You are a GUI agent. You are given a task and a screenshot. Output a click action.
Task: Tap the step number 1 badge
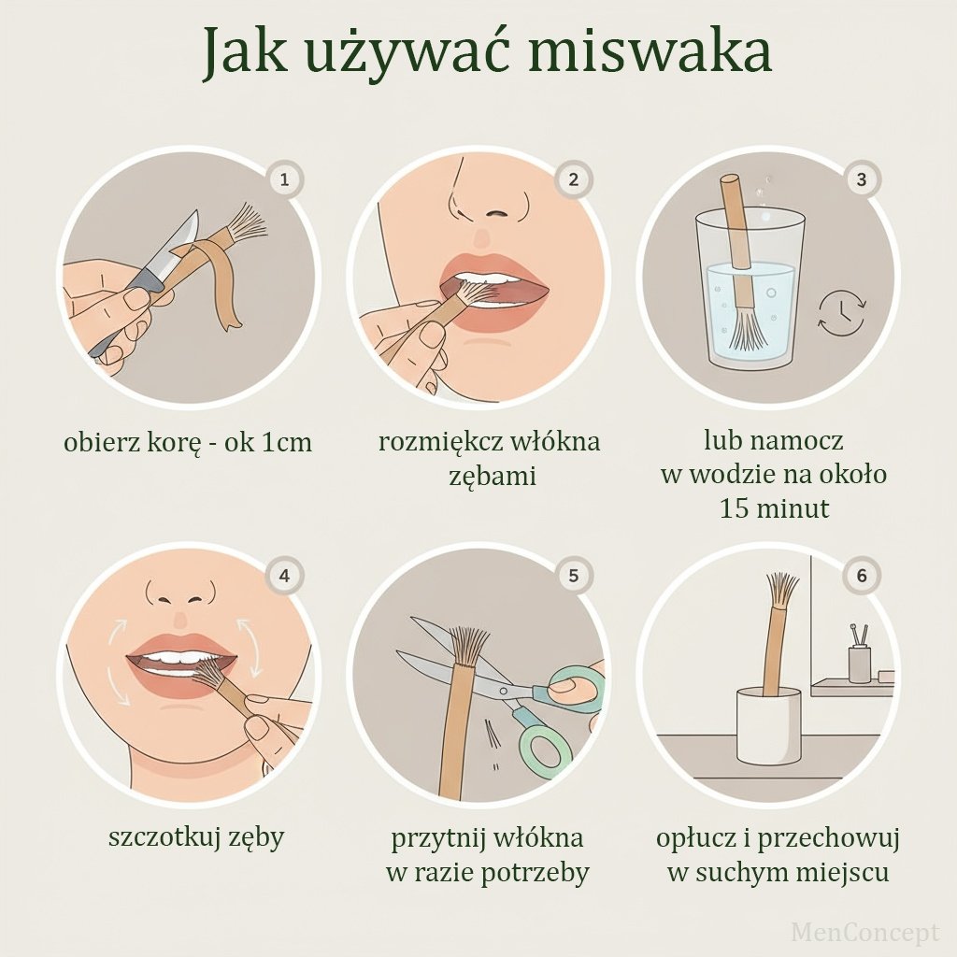point(284,180)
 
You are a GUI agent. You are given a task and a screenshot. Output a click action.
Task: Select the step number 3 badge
point(861,179)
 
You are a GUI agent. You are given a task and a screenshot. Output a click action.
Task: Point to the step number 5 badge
point(573,576)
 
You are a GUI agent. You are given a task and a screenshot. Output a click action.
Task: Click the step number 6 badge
point(861,576)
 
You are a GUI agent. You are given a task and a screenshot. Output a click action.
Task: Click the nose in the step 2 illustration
point(488,195)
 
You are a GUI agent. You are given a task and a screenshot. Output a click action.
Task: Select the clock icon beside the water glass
point(842,313)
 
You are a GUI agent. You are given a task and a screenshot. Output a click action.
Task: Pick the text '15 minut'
point(774,507)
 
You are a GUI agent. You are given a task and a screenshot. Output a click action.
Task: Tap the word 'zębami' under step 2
point(493,476)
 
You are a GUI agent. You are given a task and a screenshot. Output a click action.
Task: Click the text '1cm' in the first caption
point(286,442)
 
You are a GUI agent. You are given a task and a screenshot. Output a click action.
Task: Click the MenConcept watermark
point(864,932)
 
